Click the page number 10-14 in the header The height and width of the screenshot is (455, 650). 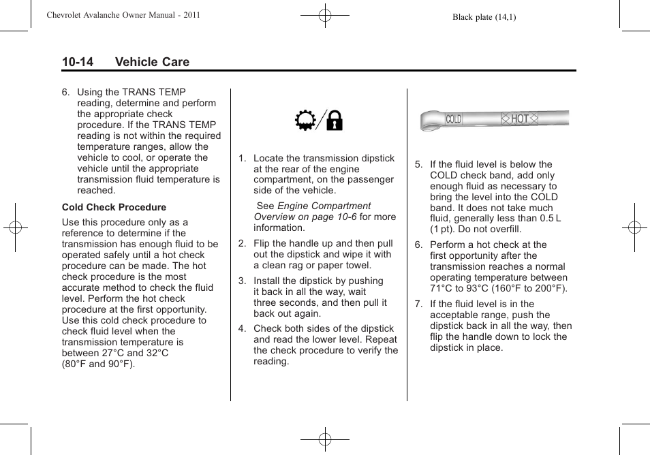78,62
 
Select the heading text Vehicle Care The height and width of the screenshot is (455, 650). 152,62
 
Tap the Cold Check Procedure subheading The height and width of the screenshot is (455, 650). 114,207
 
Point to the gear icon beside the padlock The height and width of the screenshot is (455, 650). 305,121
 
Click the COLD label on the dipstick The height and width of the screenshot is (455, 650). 454,119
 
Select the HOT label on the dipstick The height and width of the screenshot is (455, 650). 520,119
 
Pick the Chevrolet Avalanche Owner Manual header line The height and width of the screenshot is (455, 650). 123,15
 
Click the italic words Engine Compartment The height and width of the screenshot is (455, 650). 324,206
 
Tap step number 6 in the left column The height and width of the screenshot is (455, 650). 65,92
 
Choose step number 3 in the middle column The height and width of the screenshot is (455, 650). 242,281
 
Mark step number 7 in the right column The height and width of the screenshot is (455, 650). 419,304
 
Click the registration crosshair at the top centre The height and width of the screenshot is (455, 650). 325,14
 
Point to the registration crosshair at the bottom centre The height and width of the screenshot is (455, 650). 325,439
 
